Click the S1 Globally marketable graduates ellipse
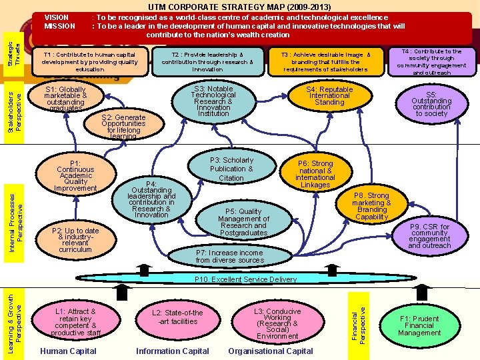click(x=65, y=99)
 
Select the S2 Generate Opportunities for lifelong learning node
click(x=123, y=127)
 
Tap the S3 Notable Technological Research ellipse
click(x=213, y=101)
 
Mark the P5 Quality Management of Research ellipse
click(x=243, y=222)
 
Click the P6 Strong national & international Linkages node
click(x=315, y=174)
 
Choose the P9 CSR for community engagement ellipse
click(x=429, y=236)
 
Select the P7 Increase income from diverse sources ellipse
click(x=229, y=257)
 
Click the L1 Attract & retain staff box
click(x=76, y=323)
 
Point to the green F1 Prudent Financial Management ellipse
click(x=419, y=326)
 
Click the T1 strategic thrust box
click(x=89, y=61)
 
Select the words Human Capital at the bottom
click(x=68, y=351)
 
